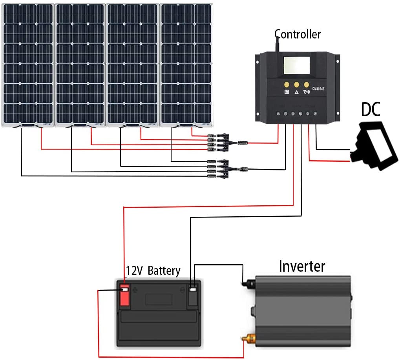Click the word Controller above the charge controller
(x=297, y=35)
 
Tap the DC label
(x=371, y=110)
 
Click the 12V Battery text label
(x=153, y=270)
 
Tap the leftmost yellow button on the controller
(x=286, y=84)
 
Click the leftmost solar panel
(x=28, y=65)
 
